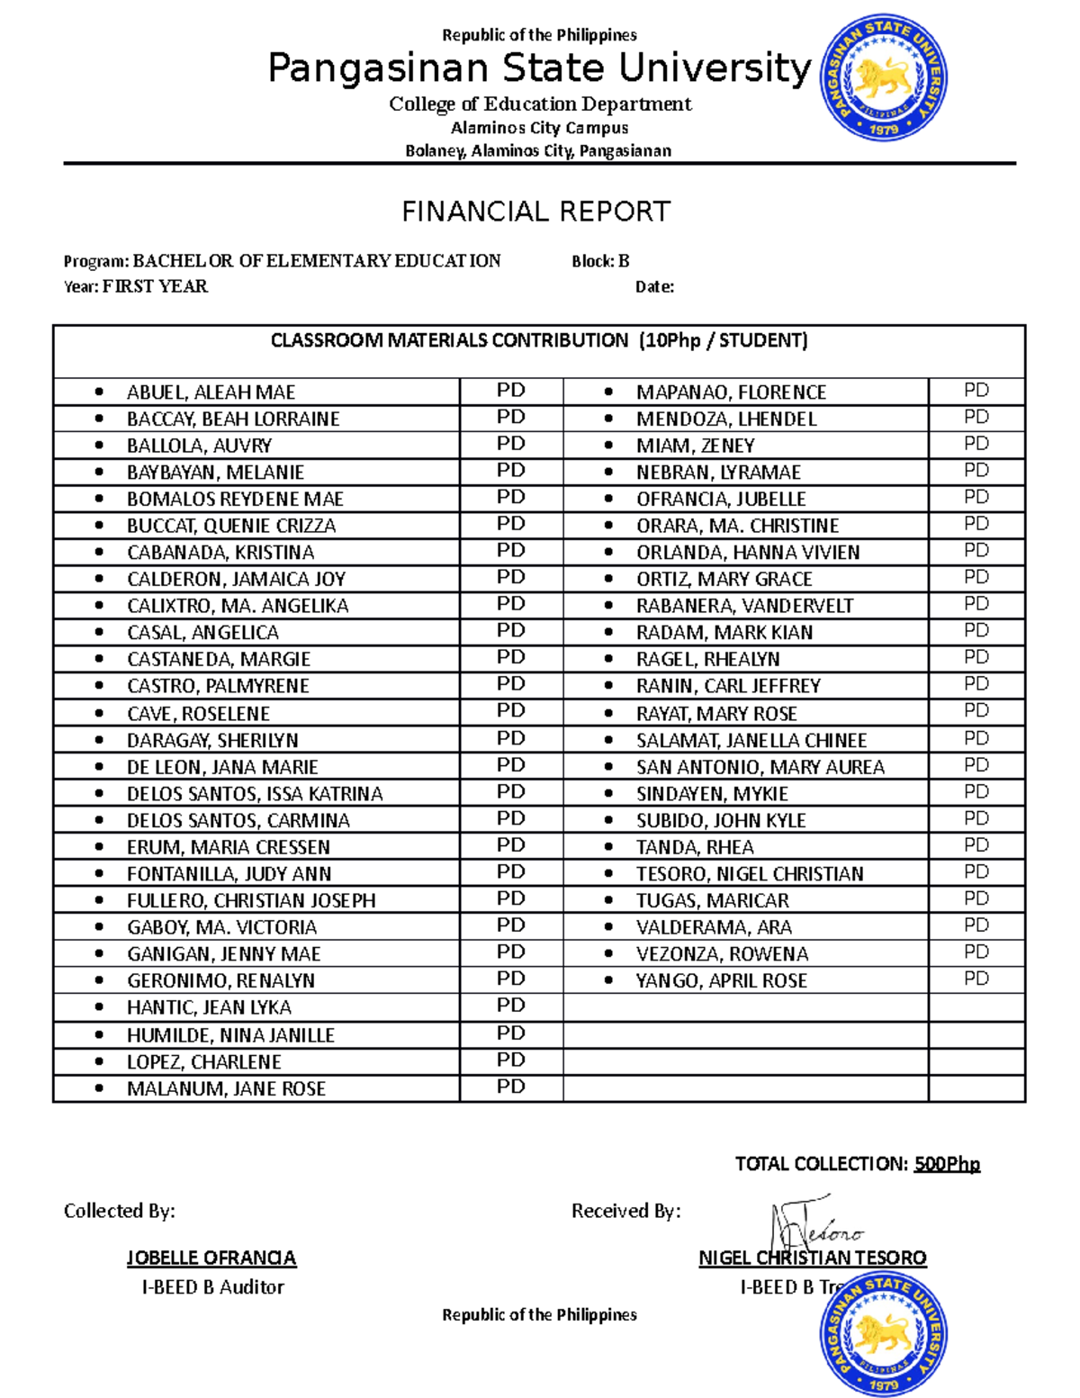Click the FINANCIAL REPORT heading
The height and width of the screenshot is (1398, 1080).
tap(535, 212)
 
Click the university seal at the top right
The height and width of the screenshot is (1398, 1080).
tap(883, 78)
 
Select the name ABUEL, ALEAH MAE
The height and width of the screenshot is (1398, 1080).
tap(211, 392)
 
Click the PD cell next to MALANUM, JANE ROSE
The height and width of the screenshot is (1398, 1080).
tap(510, 1087)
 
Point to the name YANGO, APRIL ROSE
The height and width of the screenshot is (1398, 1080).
tap(721, 980)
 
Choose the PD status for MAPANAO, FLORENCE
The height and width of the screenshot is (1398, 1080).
tap(976, 391)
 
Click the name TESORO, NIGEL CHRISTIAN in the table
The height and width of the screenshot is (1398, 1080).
tap(749, 873)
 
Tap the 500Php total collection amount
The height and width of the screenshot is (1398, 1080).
tap(947, 1164)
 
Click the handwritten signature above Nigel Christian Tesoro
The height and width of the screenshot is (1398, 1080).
tap(814, 1227)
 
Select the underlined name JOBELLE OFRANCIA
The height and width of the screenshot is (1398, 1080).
tap(211, 1258)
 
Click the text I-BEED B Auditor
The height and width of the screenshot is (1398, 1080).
tap(212, 1287)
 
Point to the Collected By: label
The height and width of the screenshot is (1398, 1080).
tap(119, 1211)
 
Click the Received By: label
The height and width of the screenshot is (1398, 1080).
tap(625, 1211)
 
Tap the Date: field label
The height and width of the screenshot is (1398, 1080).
tap(654, 287)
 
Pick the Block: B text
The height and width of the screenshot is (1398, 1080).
tap(600, 261)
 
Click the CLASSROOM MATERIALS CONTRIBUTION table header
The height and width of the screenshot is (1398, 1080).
tap(539, 340)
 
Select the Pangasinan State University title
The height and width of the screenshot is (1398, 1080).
tap(539, 68)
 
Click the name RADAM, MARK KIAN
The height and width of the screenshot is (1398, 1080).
tap(724, 632)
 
